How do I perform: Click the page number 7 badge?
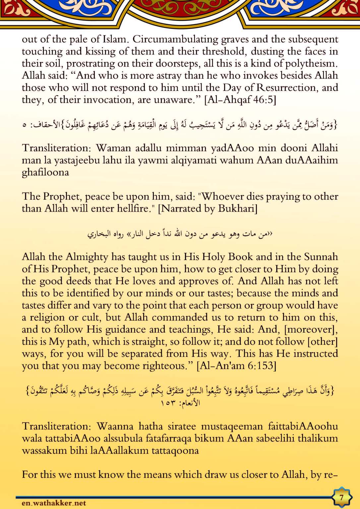pos(341,497)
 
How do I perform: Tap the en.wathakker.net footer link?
pos(54,503)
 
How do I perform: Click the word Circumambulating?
pos(175,39)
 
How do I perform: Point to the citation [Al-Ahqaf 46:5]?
pos(240,100)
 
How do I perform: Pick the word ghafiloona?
pos(45,172)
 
